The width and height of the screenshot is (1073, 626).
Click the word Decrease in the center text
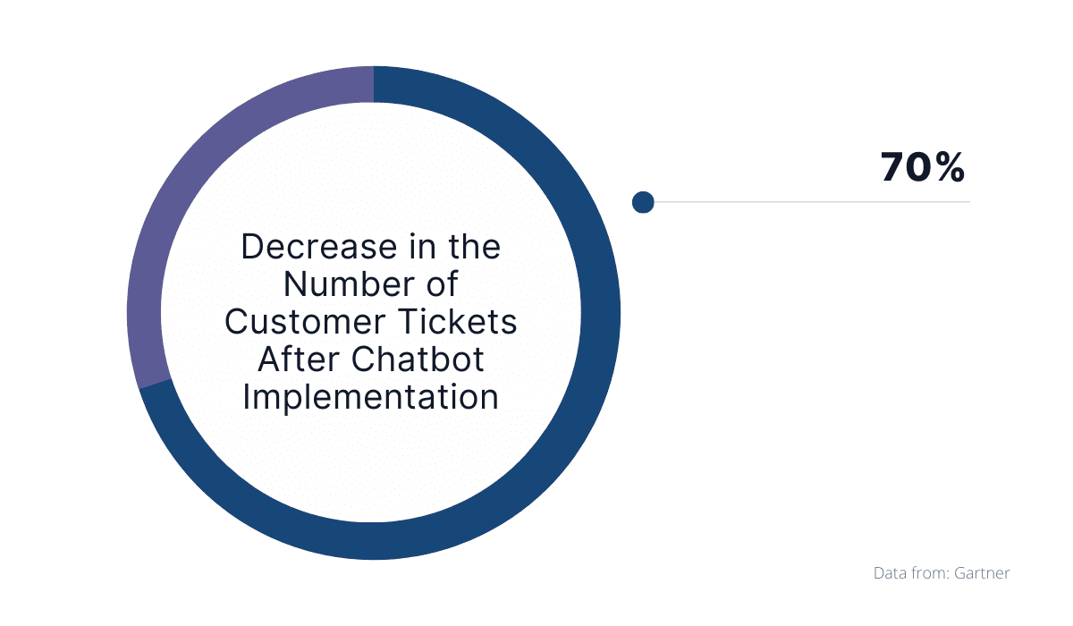point(319,247)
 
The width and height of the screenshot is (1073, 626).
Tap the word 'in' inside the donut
point(422,247)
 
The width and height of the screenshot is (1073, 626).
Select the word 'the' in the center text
point(474,247)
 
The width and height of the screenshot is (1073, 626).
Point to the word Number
point(349,284)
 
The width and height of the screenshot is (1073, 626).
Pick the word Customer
point(305,322)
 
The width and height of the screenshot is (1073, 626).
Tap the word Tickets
point(458,322)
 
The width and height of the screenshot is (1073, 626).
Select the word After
point(299,360)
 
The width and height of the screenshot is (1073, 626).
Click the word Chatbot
point(418,360)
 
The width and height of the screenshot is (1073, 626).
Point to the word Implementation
point(371,398)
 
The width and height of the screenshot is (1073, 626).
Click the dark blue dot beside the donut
point(643,202)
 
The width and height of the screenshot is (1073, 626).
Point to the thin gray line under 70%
point(812,202)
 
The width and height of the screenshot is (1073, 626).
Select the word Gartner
point(982,573)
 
